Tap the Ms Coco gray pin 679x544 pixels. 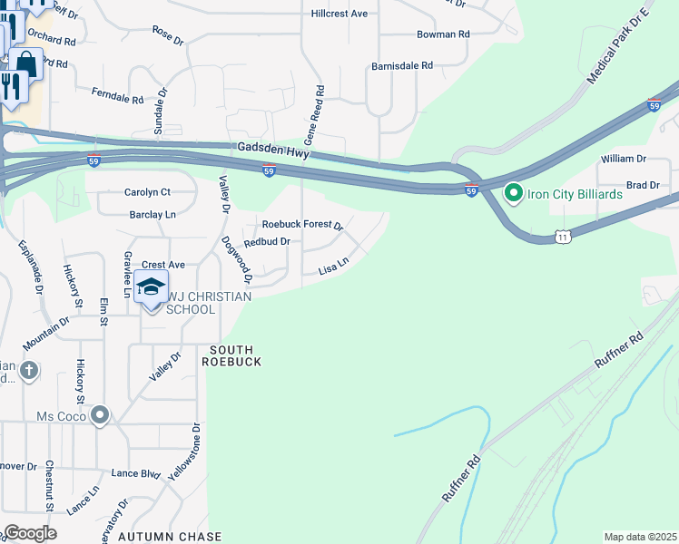[x=100, y=415]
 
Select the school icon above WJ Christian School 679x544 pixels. [x=151, y=287]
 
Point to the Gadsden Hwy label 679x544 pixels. [x=270, y=151]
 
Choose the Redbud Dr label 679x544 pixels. [x=267, y=242]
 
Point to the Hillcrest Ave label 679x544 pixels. [x=339, y=14]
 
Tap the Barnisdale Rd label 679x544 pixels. [x=402, y=66]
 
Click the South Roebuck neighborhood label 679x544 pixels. [x=236, y=355]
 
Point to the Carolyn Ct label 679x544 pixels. [x=147, y=192]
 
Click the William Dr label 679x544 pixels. [x=623, y=159]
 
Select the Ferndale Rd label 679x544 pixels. [x=118, y=95]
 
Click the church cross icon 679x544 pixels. [x=29, y=370]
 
